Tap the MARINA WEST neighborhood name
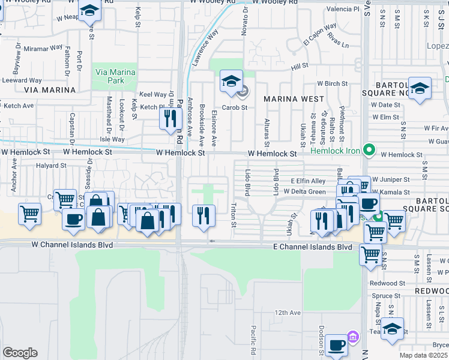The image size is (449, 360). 293,98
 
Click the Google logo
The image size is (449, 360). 20,353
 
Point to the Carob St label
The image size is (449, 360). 235,107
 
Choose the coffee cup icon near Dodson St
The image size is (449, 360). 337,345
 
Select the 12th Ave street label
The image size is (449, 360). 288,313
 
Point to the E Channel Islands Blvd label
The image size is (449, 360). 312,247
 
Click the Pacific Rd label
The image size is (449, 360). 253,339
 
